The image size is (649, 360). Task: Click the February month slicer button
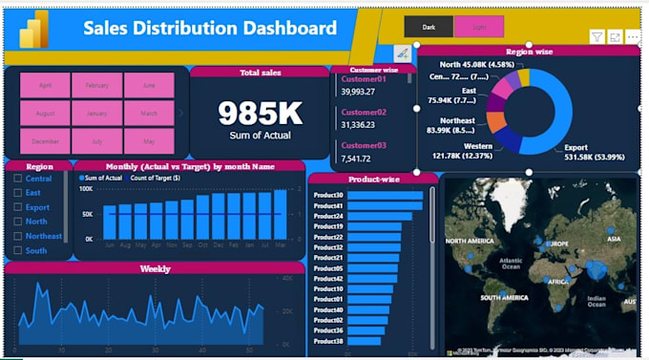(x=96, y=85)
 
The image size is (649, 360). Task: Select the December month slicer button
(x=45, y=140)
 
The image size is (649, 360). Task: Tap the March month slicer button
(x=149, y=113)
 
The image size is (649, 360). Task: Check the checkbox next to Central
(x=18, y=179)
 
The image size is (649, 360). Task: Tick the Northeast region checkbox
(x=18, y=236)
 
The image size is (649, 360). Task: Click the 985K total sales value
(x=260, y=114)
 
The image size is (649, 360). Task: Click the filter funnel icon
(x=597, y=37)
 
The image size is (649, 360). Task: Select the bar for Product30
(x=385, y=195)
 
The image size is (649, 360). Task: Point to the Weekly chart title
(x=156, y=269)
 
